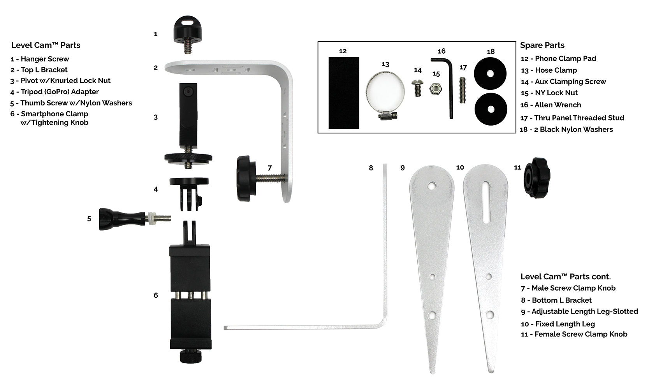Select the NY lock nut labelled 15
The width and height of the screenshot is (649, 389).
tap(436, 89)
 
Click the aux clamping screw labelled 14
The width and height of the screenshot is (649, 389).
tap(417, 88)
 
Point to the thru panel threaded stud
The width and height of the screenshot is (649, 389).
tap(463, 90)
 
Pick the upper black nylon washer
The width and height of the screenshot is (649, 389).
tap(490, 74)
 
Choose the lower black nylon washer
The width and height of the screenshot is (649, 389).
tap(491, 109)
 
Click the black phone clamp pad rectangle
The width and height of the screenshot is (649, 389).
tap(344, 93)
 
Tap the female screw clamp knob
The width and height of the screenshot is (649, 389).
tap(536, 178)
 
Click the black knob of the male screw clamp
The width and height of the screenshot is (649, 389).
tap(246, 178)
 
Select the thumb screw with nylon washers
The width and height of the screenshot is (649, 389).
tap(135, 219)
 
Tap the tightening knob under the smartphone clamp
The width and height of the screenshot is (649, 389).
tap(190, 356)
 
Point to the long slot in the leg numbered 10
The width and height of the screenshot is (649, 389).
tap(486, 203)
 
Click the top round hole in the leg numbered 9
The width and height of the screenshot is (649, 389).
tap(432, 186)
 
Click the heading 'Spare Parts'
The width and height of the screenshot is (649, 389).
tap(542, 45)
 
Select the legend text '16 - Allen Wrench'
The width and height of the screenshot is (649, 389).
tap(551, 105)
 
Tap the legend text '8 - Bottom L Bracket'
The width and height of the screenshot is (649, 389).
tap(556, 300)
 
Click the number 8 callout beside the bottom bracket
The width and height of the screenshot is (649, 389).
tap(371, 168)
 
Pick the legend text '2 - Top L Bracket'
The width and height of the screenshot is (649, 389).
tap(39, 70)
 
